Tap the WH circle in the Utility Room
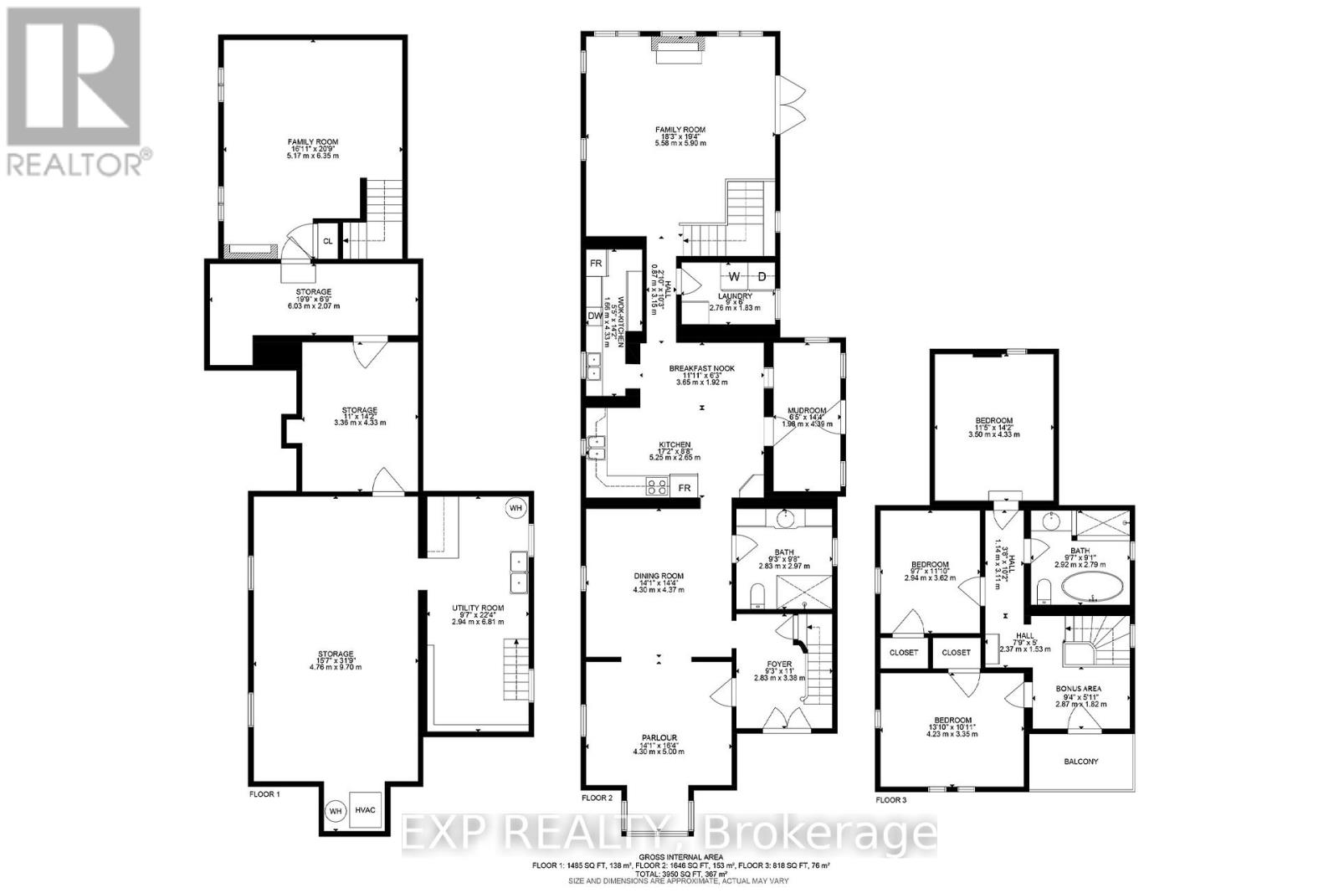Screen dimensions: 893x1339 516,507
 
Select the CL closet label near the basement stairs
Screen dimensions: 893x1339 327,240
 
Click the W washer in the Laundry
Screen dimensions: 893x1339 734,276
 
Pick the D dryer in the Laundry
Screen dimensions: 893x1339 762,276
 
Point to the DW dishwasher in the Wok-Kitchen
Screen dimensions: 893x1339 594,316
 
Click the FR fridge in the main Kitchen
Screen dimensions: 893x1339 685,487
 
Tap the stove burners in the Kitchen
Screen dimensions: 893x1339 657,485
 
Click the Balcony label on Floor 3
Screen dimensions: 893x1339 1080,762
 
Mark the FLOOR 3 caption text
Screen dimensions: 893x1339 890,800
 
